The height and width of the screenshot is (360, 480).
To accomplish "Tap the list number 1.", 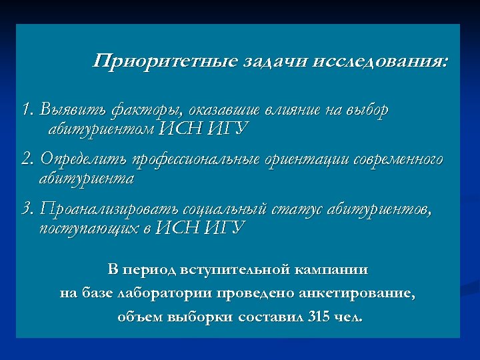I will [27, 109].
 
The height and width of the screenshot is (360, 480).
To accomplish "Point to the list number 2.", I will [27, 160].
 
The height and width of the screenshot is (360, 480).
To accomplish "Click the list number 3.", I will [27, 210].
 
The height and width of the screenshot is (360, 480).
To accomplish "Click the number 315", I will [319, 317].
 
